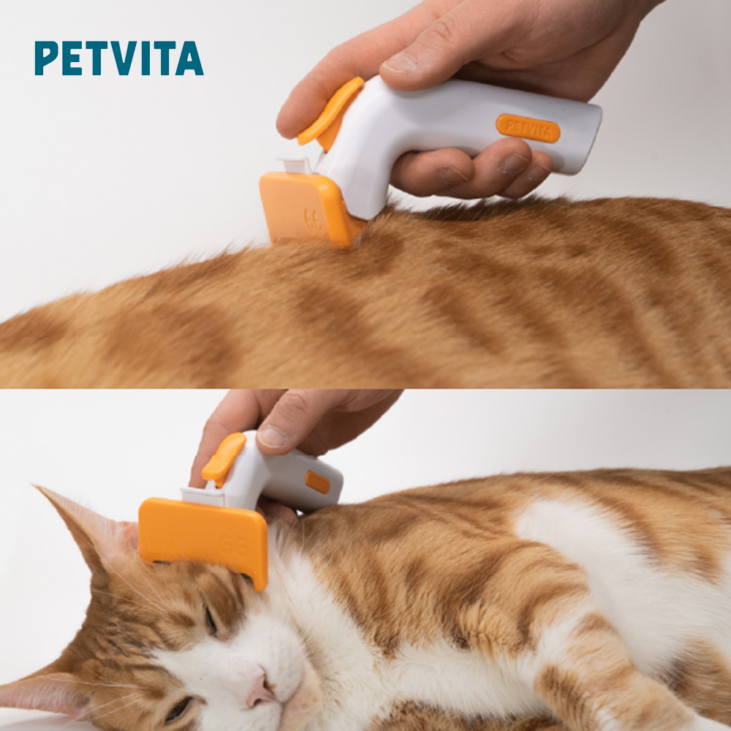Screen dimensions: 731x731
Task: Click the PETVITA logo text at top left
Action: pos(119,58)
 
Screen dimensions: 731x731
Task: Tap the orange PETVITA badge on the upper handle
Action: pos(528,128)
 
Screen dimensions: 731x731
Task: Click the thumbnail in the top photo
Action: pos(400,64)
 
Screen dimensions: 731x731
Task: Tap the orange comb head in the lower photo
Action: pos(204,536)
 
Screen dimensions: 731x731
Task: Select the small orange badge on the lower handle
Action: pos(317,482)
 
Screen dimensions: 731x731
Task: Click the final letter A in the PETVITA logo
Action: pos(190,58)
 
